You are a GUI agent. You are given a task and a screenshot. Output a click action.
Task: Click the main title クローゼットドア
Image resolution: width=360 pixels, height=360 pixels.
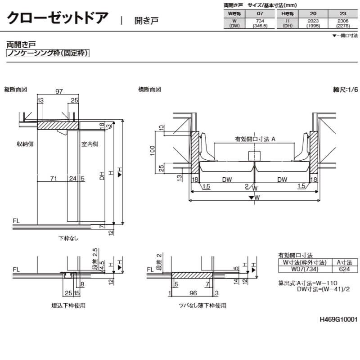[58, 18]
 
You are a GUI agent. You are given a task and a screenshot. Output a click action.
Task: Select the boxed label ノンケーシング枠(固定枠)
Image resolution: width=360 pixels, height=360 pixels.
[48, 53]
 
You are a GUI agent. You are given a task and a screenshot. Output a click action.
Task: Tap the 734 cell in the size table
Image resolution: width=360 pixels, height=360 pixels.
[260, 21]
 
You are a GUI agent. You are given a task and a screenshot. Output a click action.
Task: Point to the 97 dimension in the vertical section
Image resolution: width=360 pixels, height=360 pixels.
[58, 91]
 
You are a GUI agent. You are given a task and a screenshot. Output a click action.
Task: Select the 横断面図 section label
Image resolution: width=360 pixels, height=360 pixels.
[149, 89]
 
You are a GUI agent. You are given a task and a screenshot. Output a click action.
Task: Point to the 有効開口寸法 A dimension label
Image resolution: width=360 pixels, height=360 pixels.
[255, 139]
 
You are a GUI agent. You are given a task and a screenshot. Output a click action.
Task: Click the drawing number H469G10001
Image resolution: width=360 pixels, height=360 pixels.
[338, 319]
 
